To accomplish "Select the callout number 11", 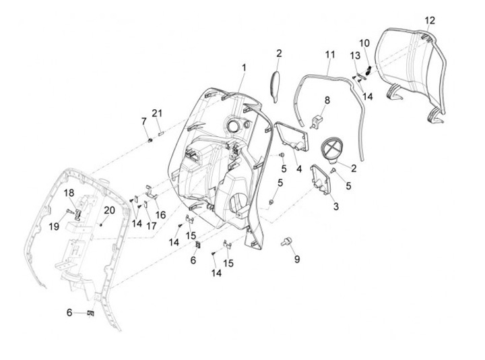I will click(x=329, y=53).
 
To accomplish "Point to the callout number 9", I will click(x=297, y=258).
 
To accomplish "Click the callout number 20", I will click(x=110, y=210).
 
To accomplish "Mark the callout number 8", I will click(x=327, y=100).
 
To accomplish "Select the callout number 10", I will click(x=364, y=42).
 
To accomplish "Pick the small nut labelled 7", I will click(x=149, y=139).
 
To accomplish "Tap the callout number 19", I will click(x=53, y=227).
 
